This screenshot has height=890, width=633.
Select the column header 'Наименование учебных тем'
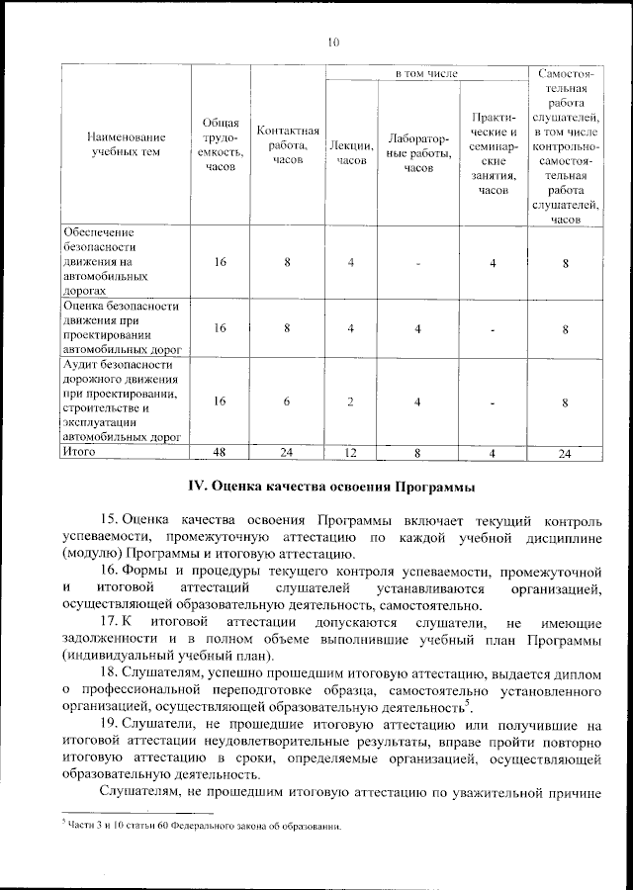(x=126, y=144)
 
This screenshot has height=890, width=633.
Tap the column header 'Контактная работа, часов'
(x=287, y=144)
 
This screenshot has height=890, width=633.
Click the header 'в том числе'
(x=426, y=74)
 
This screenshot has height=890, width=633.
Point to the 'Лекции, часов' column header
(x=350, y=152)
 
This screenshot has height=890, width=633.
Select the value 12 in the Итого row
(x=350, y=452)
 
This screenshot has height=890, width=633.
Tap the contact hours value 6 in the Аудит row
(x=287, y=400)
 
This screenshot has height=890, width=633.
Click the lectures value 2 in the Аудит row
(x=350, y=400)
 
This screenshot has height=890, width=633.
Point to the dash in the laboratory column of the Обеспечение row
(x=419, y=263)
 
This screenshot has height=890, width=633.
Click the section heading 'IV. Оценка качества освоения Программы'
(x=331, y=487)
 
